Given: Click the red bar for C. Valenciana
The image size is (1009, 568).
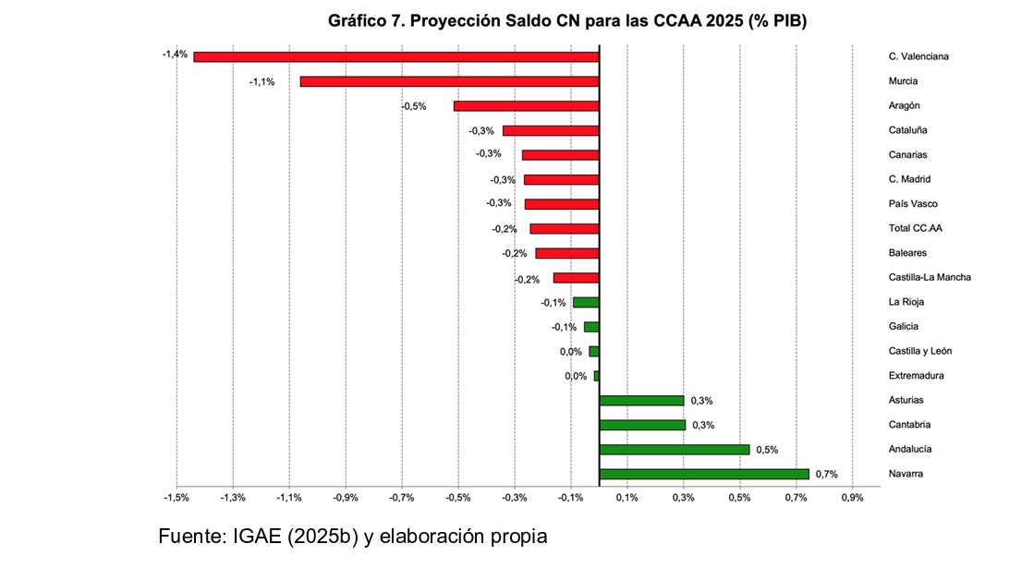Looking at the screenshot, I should point(395,56).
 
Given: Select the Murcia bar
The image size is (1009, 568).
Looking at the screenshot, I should point(449,81).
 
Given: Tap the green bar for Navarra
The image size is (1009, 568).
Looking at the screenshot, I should point(704,474).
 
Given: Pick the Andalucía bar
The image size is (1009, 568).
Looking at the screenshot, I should point(675,450).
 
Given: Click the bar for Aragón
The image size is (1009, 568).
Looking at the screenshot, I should point(527,106).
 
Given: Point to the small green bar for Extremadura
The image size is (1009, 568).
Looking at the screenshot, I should point(597,376).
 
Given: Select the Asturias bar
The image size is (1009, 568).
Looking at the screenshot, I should point(641,401).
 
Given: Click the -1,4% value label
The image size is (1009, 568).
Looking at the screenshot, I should point(175,54).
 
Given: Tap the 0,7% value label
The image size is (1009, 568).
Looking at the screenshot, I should point(826,474).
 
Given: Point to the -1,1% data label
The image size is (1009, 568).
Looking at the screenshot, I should point(261,82).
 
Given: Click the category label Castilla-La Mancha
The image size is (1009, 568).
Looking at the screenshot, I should point(930,277).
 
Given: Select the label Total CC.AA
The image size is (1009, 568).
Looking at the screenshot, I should point(915,228).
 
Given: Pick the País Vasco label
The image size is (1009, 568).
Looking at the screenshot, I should point(913,204).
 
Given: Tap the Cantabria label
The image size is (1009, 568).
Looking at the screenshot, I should point(909,425).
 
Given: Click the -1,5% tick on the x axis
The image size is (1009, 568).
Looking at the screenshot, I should point(176,498).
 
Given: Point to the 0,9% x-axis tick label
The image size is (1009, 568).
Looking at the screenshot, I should point(852,498).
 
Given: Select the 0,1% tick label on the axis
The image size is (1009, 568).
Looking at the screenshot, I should point(626,498).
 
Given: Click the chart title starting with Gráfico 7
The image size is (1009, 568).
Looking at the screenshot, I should point(567,20).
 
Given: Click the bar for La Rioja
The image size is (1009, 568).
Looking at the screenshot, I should point(586,302).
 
